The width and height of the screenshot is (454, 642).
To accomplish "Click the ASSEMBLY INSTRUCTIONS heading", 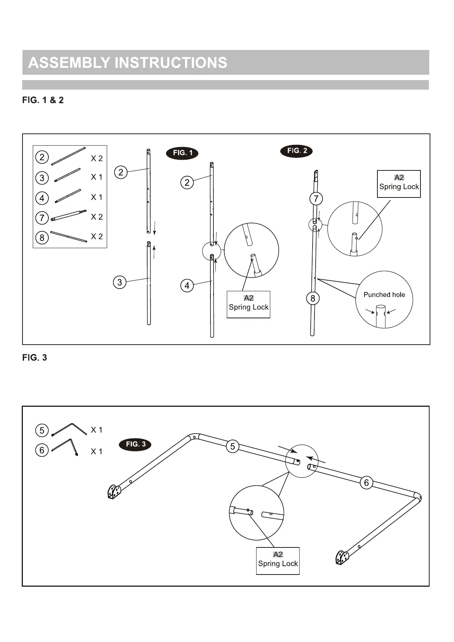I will (x=128, y=63).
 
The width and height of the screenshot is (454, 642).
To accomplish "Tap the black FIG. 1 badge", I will (x=183, y=153).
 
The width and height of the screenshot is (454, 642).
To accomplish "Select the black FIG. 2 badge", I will (x=296, y=151).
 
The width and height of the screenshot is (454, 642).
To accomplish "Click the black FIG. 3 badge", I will (x=135, y=444).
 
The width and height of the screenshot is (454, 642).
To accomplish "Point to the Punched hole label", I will (x=384, y=295).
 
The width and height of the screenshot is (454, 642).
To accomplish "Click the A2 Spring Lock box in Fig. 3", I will (x=278, y=560).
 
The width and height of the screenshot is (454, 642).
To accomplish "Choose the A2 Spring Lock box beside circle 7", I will (x=399, y=183).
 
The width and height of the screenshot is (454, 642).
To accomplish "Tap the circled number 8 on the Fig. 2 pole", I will (x=313, y=299).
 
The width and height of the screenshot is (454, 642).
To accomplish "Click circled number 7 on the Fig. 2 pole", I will (x=316, y=199).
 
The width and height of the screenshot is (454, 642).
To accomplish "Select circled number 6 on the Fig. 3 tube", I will (x=366, y=483).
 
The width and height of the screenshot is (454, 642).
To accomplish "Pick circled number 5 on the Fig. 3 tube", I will (x=233, y=446).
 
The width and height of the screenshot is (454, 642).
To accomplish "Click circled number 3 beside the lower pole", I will (x=120, y=282).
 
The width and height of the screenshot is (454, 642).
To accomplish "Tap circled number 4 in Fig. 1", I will (x=187, y=286).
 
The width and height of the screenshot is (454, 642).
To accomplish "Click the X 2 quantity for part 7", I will (x=97, y=217).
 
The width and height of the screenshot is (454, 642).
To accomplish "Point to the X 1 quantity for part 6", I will (x=96, y=451).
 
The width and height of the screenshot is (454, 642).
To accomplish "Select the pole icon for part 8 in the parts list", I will (x=69, y=236).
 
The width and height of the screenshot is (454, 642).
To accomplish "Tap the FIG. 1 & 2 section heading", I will (x=43, y=100).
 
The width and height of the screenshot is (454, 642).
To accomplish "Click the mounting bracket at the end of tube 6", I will (x=342, y=557).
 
